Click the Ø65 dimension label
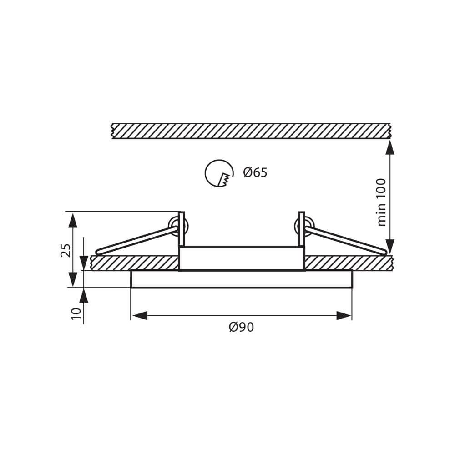(x=255, y=173)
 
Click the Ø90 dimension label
(x=241, y=327)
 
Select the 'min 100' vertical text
(x=381, y=202)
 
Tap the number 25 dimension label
(x=66, y=250)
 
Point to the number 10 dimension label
(x=76, y=313)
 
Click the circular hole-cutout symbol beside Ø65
(x=219, y=173)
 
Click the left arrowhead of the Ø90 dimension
(x=140, y=316)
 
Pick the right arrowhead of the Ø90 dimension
(x=344, y=316)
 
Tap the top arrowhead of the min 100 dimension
(x=390, y=147)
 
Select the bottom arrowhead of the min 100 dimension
(x=390, y=246)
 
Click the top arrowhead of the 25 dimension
(x=72, y=220)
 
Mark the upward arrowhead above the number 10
(x=84, y=296)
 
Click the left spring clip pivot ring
(x=174, y=226)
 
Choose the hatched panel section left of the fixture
(x=134, y=263)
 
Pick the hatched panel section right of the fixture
(x=348, y=263)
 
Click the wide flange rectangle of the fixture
(x=241, y=279)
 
